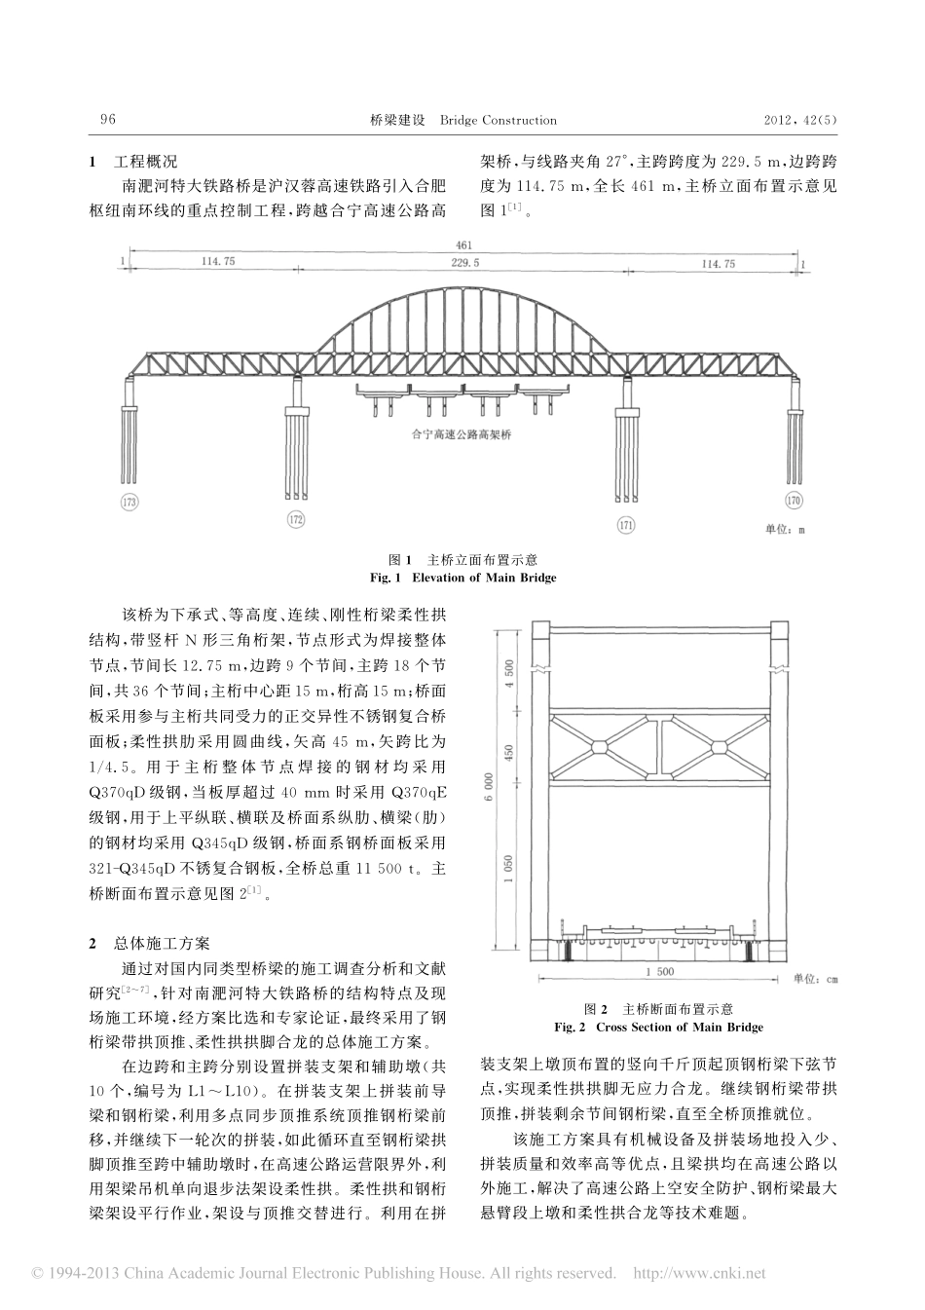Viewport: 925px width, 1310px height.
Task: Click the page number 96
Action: [108, 120]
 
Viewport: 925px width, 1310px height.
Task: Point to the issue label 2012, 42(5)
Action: [799, 120]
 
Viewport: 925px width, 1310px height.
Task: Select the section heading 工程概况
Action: [145, 162]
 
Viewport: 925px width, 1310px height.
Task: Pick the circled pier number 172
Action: [297, 518]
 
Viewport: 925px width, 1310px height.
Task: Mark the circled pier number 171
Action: [626, 525]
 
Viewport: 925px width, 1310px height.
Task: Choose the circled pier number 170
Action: [795, 502]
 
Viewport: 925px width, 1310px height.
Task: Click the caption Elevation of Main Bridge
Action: [463, 578]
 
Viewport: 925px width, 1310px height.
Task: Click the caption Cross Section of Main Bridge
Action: [658, 1027]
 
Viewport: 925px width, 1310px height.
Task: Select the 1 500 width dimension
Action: [659, 971]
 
